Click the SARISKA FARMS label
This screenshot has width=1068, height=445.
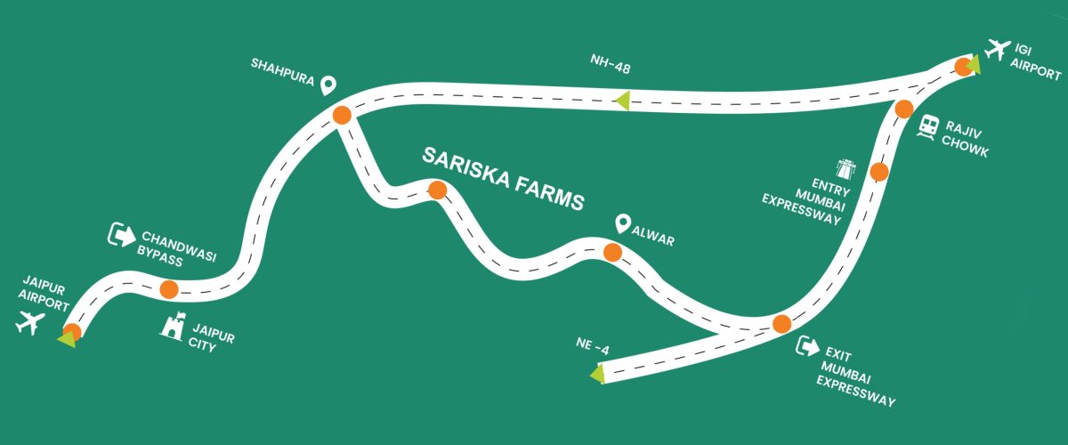click(x=503, y=178)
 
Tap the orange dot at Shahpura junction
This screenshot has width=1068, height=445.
click(x=341, y=116)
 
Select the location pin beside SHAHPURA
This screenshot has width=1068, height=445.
click(x=328, y=85)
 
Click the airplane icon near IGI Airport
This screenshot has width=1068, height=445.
click(x=999, y=46)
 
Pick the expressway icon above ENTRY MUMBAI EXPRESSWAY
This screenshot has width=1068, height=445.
click(x=844, y=167)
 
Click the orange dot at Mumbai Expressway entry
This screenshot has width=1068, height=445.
click(x=878, y=172)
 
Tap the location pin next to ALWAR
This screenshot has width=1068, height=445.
click(x=623, y=222)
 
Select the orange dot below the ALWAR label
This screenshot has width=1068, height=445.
click(x=612, y=253)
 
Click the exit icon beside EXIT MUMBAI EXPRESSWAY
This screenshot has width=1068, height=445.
click(x=807, y=347)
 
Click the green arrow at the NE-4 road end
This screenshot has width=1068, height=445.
click(x=597, y=375)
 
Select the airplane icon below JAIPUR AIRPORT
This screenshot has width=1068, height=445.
click(x=30, y=324)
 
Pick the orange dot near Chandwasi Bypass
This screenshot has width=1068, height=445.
click(x=168, y=289)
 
